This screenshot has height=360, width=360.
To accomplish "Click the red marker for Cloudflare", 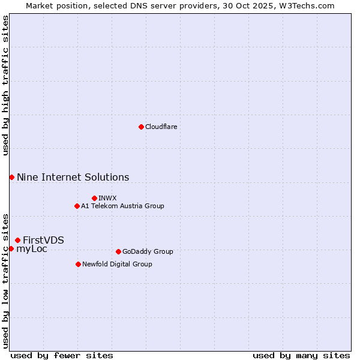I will pyautogui.click(x=141, y=127).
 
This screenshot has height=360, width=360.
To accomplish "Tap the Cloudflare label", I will pyautogui.click(x=161, y=127).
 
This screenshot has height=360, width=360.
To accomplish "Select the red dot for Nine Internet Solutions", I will pyautogui.click(x=11, y=177).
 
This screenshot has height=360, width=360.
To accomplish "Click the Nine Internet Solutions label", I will pyautogui.click(x=73, y=177).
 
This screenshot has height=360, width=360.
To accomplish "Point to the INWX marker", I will pyautogui.click(x=94, y=198).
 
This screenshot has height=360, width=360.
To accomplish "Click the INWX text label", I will pyautogui.click(x=107, y=198).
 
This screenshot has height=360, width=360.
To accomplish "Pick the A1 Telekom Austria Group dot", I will pyautogui.click(x=77, y=206).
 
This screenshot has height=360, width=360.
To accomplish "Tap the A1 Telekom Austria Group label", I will pyautogui.click(x=122, y=206).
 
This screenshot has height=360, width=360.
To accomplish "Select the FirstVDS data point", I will pyautogui.click(x=17, y=240).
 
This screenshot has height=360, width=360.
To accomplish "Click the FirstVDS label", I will pyautogui.click(x=43, y=240).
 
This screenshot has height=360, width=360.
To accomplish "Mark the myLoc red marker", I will pyautogui.click(x=11, y=248).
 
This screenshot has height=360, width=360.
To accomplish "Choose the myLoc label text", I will pyautogui.click(x=32, y=249).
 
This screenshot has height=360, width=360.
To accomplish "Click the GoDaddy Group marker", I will pyautogui.click(x=118, y=251).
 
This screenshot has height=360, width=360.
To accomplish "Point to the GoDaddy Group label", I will pyautogui.click(x=148, y=251).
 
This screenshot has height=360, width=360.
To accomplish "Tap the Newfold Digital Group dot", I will pyautogui.click(x=78, y=264).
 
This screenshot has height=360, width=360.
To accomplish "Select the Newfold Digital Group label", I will pyautogui.click(x=117, y=264).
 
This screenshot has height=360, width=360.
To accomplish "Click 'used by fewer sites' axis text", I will pyautogui.click(x=62, y=355).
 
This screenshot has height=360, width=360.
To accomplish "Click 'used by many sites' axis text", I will pyautogui.click(x=301, y=355).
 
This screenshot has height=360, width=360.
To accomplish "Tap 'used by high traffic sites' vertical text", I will pyautogui.click(x=5, y=85).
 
